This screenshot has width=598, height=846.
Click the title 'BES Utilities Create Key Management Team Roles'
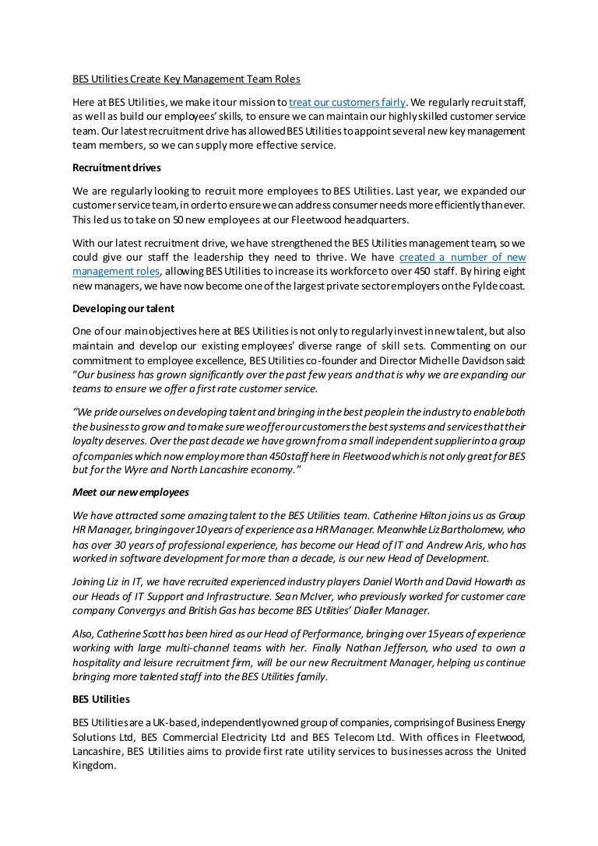pos(185,79)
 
